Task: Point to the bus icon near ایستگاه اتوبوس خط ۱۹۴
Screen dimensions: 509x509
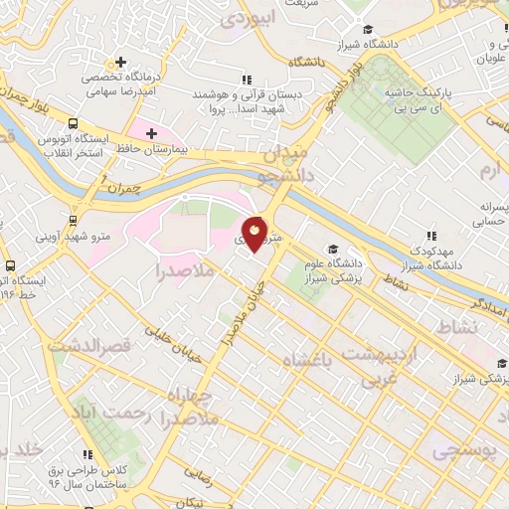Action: pyautogui.click(x=9, y=265)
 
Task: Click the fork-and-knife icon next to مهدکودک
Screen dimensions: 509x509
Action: pyautogui.click(x=431, y=236)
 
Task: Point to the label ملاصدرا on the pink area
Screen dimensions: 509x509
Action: pyautogui.click(x=188, y=269)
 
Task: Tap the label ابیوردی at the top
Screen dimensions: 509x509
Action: pyautogui.click(x=246, y=18)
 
